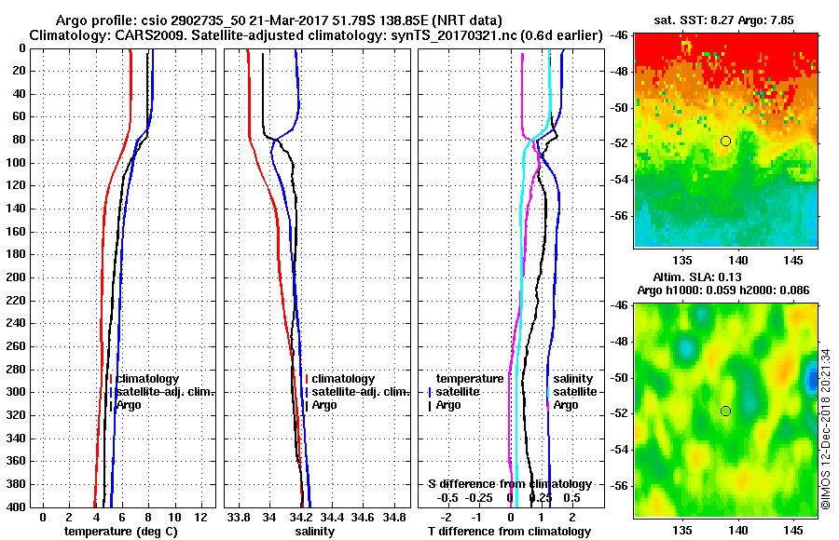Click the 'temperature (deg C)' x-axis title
coord(120,532)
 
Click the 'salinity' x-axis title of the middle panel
coord(314,532)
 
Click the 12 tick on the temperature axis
coord(200,517)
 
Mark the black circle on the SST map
coord(725,141)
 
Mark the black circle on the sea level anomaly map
coord(725,411)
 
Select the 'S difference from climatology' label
coord(509,484)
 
